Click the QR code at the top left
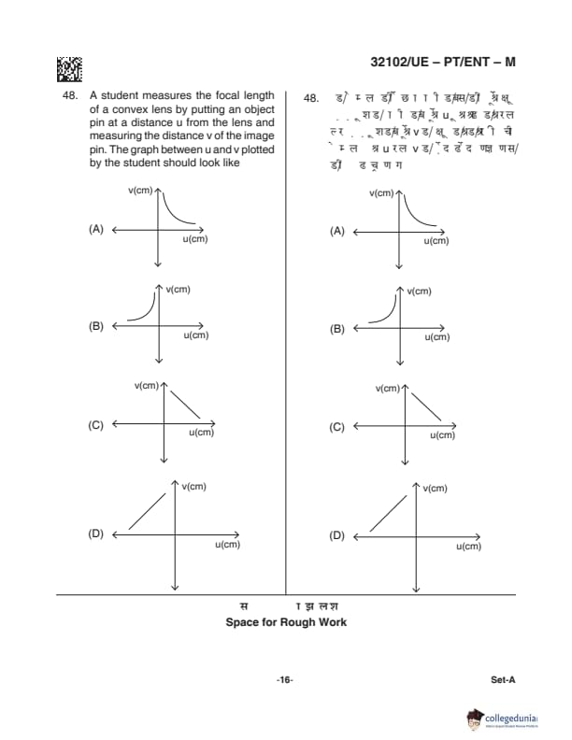69,69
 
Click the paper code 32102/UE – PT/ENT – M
442,63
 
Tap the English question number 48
68,95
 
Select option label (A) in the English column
95,229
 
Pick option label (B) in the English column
95,326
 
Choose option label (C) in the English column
95,425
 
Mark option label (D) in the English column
95,534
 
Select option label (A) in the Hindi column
337,231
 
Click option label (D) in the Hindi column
337,535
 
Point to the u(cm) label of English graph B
195,334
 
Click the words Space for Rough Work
286,622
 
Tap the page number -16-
285,679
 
